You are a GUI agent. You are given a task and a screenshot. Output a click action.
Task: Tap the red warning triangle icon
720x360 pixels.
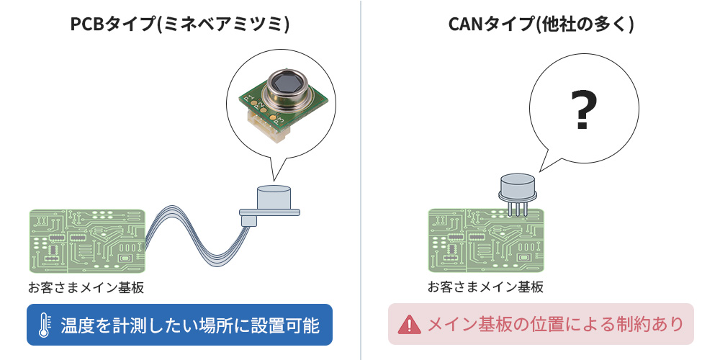(x=409, y=325)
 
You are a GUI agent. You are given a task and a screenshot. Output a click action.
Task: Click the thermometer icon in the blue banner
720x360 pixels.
(x=45, y=325)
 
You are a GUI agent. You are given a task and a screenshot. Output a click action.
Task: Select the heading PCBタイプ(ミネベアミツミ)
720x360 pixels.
(x=180, y=24)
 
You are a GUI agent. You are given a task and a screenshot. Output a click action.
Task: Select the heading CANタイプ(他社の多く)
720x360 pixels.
(x=541, y=24)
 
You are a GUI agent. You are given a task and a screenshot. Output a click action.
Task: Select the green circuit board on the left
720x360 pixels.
(x=87, y=242)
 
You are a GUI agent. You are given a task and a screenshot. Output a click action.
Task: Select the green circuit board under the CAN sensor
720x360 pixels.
(x=486, y=241)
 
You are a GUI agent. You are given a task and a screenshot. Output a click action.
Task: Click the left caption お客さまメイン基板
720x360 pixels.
(x=86, y=288)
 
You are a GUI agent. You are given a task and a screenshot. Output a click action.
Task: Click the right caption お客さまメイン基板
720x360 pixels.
(x=486, y=287)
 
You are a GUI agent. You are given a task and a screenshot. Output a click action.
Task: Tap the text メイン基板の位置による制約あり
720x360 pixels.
(x=555, y=325)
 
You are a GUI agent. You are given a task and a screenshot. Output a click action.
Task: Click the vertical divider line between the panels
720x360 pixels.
(x=360, y=180)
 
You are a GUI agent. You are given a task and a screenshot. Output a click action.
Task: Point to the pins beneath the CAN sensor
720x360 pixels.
(x=517, y=208)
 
